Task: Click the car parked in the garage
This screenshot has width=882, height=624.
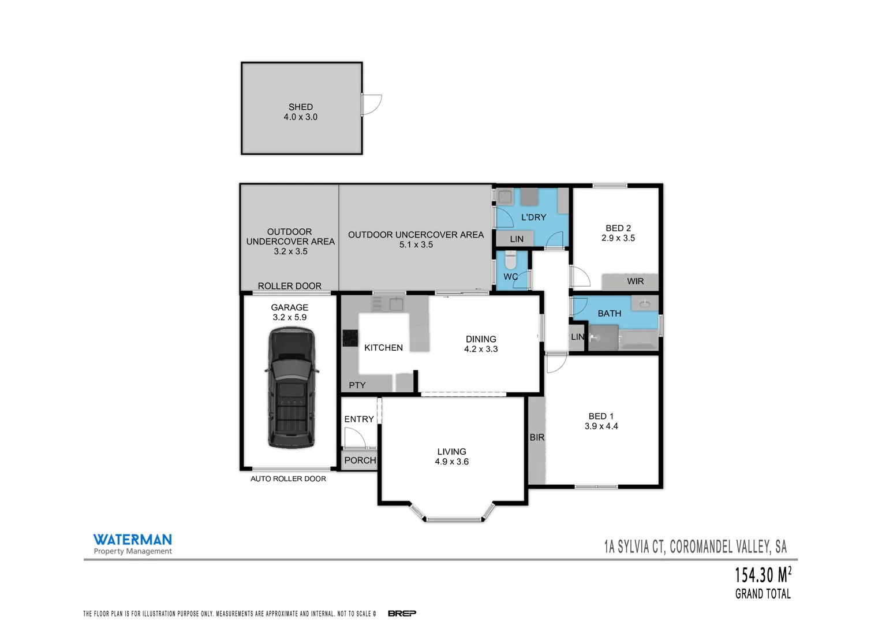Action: coord(290,388)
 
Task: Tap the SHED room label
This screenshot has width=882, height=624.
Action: coord(301,107)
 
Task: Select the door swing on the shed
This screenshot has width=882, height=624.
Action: coord(372,105)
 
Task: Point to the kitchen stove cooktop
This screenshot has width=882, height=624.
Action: coord(350,337)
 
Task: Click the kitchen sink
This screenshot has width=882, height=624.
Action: coord(396,303)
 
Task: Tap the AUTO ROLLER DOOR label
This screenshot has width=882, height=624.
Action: coord(288,478)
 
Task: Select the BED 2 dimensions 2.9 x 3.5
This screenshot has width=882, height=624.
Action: coord(618,238)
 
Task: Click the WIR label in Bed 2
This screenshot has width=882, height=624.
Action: coord(635,281)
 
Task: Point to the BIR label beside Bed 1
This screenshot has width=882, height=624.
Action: coord(537,437)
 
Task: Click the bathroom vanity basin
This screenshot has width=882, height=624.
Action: coord(645,303)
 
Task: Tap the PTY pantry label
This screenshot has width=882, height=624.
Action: coord(357,385)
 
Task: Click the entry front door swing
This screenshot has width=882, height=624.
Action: coord(354,439)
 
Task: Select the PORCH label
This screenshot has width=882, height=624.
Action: coord(360,460)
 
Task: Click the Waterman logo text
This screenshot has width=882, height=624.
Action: coord(133,540)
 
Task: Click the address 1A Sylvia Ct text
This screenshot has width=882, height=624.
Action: coord(695,547)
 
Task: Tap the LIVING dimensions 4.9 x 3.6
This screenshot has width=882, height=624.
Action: coord(451,462)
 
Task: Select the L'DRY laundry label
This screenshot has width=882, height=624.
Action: coord(533,217)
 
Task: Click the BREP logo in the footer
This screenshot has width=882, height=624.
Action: coord(402,613)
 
